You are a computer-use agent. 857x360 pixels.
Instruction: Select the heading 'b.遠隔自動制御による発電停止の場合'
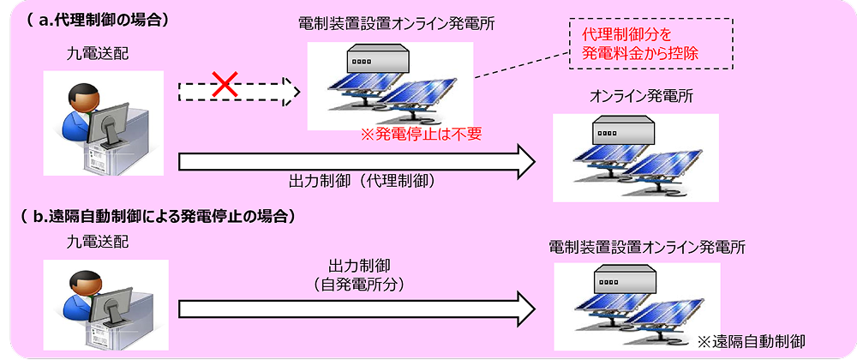[158, 216]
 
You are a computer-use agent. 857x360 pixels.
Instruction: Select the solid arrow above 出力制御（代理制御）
[356, 160]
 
